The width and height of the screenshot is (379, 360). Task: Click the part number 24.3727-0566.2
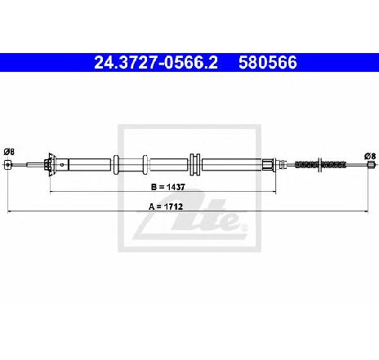click(x=156, y=63)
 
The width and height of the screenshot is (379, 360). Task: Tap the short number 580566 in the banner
click(x=268, y=63)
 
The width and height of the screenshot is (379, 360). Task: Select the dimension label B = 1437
click(x=168, y=187)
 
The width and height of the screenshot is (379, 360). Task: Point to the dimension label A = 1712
click(x=166, y=207)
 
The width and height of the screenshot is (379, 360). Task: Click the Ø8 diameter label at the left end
click(x=9, y=152)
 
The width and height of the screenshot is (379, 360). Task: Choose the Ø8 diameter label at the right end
click(x=370, y=156)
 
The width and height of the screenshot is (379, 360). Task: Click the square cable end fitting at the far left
click(x=8, y=165)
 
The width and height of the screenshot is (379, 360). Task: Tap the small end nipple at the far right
click(x=370, y=165)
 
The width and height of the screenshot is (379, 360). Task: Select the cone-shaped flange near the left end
click(x=51, y=165)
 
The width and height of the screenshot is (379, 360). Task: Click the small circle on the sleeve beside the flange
click(x=62, y=165)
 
